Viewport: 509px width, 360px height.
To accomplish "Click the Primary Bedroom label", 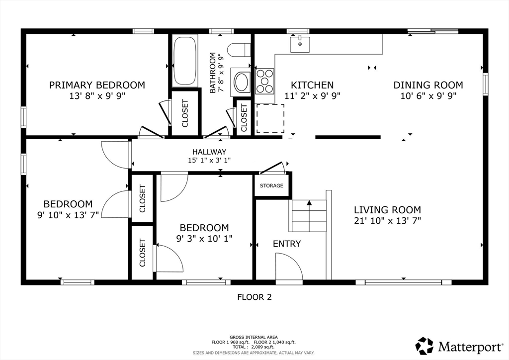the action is point(97,85).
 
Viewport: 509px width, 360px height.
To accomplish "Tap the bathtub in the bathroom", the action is point(185,61).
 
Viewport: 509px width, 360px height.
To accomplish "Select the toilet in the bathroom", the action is point(239,50).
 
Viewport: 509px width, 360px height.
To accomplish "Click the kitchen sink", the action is point(300,44).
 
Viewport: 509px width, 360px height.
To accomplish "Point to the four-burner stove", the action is point(264,81).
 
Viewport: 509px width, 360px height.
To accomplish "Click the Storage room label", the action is point(271,185).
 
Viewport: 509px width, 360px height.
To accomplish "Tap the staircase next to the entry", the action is point(309,216).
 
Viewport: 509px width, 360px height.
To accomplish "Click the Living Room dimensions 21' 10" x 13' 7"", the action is point(387,221).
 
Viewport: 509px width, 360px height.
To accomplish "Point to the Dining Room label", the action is point(428,85).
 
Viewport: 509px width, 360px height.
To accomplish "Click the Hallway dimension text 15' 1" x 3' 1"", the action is point(209,160).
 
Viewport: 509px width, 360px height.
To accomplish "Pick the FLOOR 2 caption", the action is point(254,297).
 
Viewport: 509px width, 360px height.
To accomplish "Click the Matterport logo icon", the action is point(424,346).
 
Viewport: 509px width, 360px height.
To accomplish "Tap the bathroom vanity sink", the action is point(241,82).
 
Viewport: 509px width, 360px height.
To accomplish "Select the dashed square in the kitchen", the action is point(270,118).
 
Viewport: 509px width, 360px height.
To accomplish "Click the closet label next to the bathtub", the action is point(185,113).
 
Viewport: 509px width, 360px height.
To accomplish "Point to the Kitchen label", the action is point(312,85).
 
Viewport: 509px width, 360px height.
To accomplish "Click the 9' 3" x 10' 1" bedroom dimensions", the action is point(204,239).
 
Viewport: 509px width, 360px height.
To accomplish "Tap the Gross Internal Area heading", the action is point(254,337).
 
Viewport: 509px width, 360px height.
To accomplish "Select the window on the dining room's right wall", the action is point(485,84).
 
